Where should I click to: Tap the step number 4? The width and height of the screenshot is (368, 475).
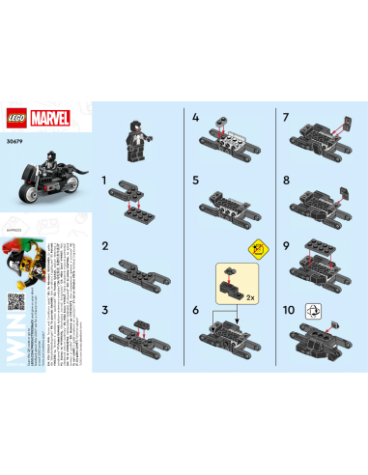tap(196, 117)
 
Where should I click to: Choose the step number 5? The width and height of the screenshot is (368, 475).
tap(196, 180)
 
